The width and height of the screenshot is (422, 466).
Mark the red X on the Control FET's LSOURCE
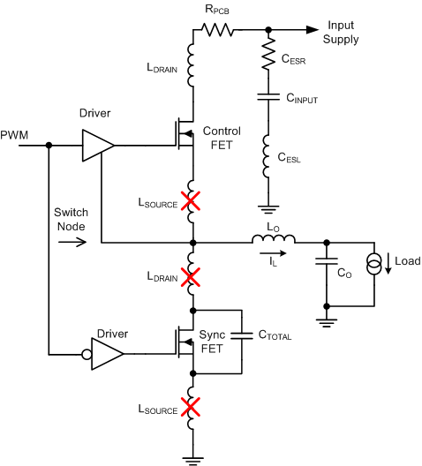[192, 201]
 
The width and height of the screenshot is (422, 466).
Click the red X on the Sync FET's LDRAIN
[192, 277]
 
